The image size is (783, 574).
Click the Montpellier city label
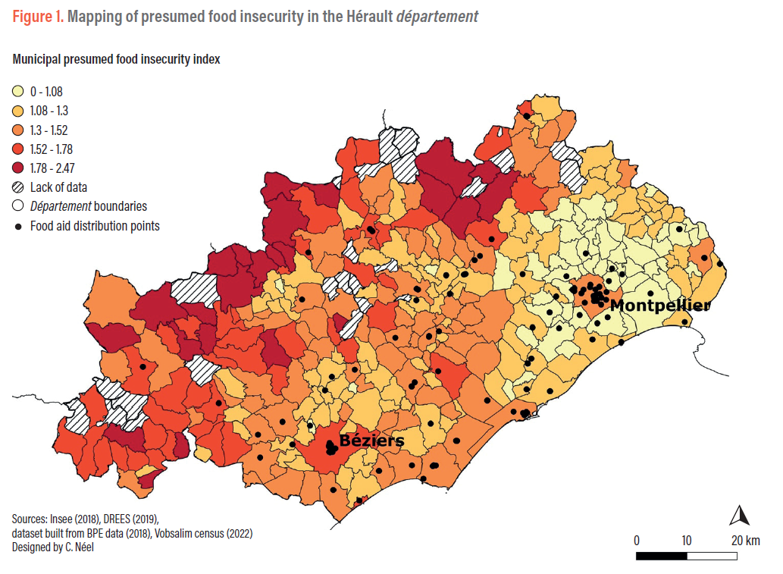pos(660,306)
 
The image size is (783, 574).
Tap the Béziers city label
pos(371,441)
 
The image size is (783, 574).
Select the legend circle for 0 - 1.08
pos(17,92)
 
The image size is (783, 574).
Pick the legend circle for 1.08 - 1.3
pos(17,111)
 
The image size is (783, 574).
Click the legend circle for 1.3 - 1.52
pos(17,130)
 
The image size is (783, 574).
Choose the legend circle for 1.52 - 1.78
pos(17,149)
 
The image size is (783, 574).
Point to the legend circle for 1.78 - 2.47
pos(17,168)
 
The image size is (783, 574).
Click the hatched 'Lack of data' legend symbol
pos(17,187)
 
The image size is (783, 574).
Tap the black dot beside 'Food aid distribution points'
pos(17,226)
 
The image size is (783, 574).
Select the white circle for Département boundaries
pos(17,206)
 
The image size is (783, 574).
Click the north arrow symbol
pos(739,516)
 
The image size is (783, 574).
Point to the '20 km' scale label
pos(745,541)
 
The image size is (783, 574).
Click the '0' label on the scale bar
pos(637,541)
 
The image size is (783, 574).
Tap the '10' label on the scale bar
pos(686,541)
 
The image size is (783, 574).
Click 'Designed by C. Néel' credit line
pos(53,547)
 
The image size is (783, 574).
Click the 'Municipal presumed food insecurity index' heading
pos(116,59)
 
